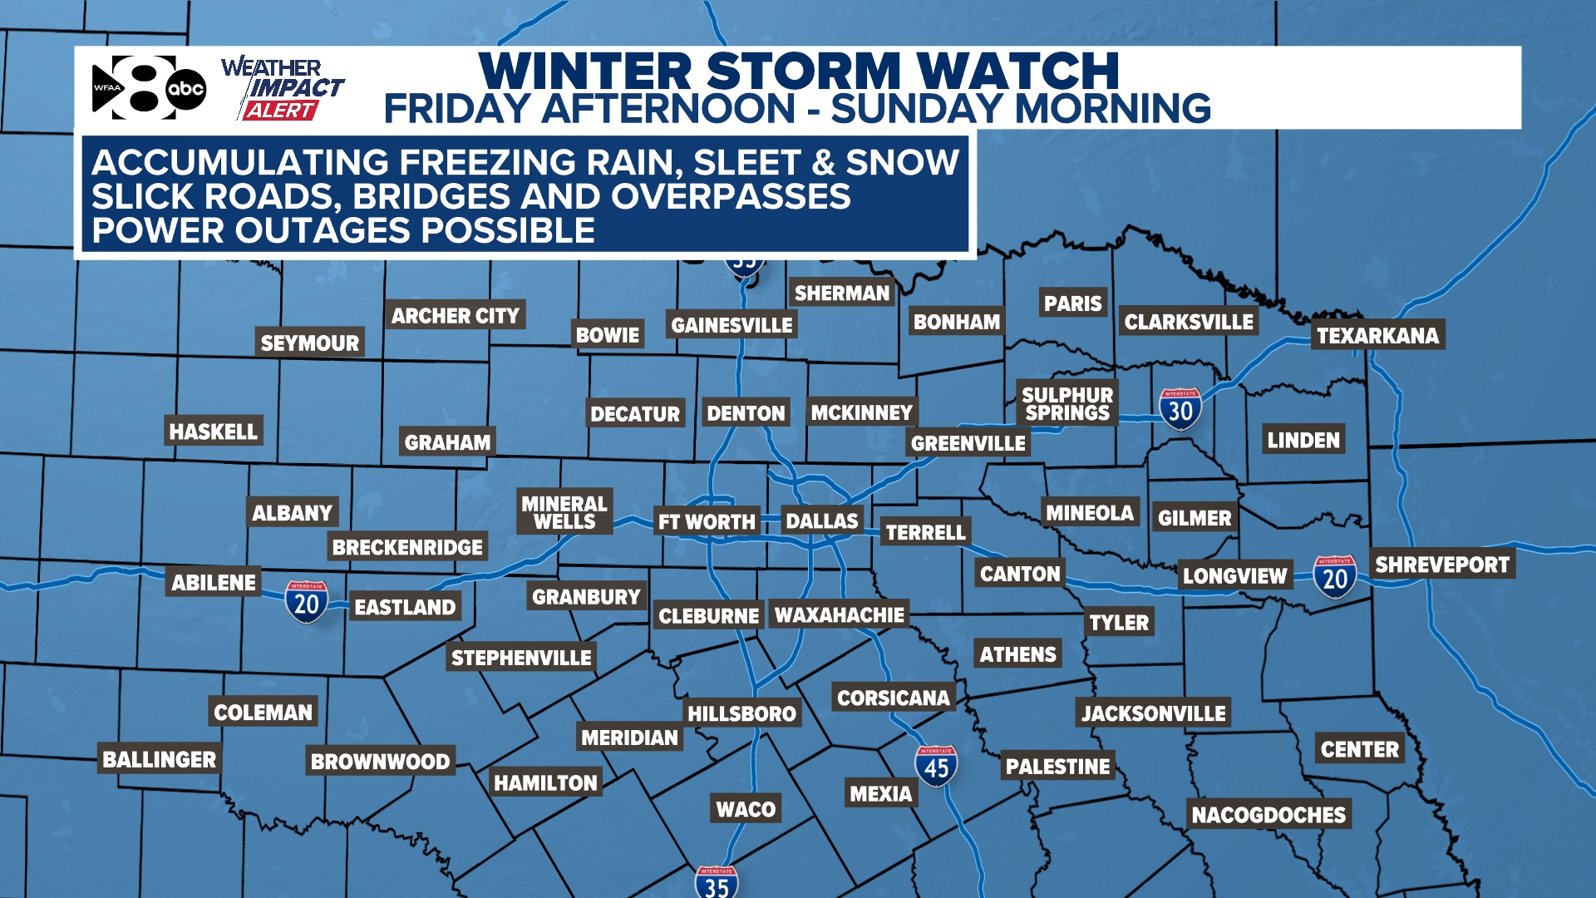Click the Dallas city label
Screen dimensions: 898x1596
point(821,521)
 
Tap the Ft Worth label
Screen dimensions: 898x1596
point(707,522)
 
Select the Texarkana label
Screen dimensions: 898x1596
point(1377,335)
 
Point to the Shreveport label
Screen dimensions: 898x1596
point(1442,565)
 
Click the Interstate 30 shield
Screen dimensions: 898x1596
point(1180,408)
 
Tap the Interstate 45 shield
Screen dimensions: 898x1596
point(936,766)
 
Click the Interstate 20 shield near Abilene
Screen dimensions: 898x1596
point(307,601)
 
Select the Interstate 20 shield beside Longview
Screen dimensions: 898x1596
point(1335,576)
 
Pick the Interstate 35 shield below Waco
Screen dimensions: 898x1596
point(717,882)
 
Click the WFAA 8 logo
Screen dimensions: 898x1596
point(133,87)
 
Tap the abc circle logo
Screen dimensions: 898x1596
point(185,88)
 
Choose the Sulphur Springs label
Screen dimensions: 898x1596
point(1067,404)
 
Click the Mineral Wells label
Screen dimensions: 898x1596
point(564,512)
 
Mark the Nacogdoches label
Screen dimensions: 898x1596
point(1268,815)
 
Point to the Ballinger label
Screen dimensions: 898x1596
point(159,759)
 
